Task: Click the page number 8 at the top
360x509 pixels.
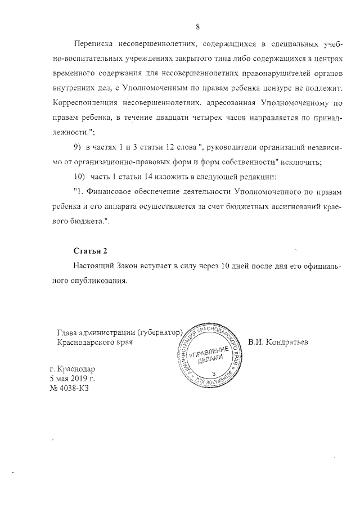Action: point(198,26)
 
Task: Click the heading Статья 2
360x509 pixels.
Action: point(91,250)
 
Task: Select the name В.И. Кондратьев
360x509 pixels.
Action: point(283,342)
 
